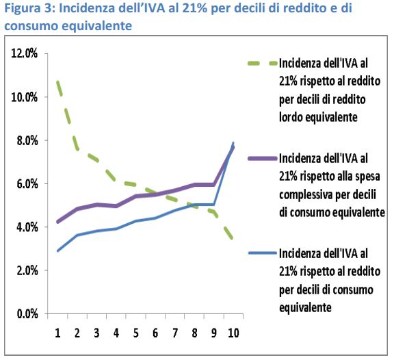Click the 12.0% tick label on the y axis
[x=25, y=53]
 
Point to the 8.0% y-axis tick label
[x=27, y=140]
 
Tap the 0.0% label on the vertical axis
[x=27, y=314]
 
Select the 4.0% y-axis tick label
[x=27, y=227]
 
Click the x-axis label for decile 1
[x=57, y=333]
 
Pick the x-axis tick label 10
[x=233, y=333]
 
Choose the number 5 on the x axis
[x=136, y=333]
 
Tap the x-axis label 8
[x=194, y=333]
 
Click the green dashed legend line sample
[x=263, y=63]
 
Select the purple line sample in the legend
[x=263, y=158]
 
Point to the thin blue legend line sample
[x=263, y=253]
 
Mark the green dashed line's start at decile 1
[x=57, y=81]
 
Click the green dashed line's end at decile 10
[x=233, y=237]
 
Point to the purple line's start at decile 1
[x=58, y=222]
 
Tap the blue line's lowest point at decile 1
[x=58, y=250]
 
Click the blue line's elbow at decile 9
[x=214, y=205]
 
